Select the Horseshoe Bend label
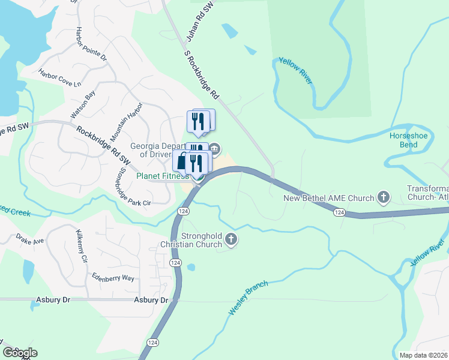click(408, 140)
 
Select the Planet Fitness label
click(163, 176)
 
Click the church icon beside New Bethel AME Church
click(383, 197)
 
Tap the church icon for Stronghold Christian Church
click(231, 240)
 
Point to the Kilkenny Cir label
click(82, 246)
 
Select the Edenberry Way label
click(113, 277)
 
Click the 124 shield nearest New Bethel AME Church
click(339, 212)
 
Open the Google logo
click(20, 352)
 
